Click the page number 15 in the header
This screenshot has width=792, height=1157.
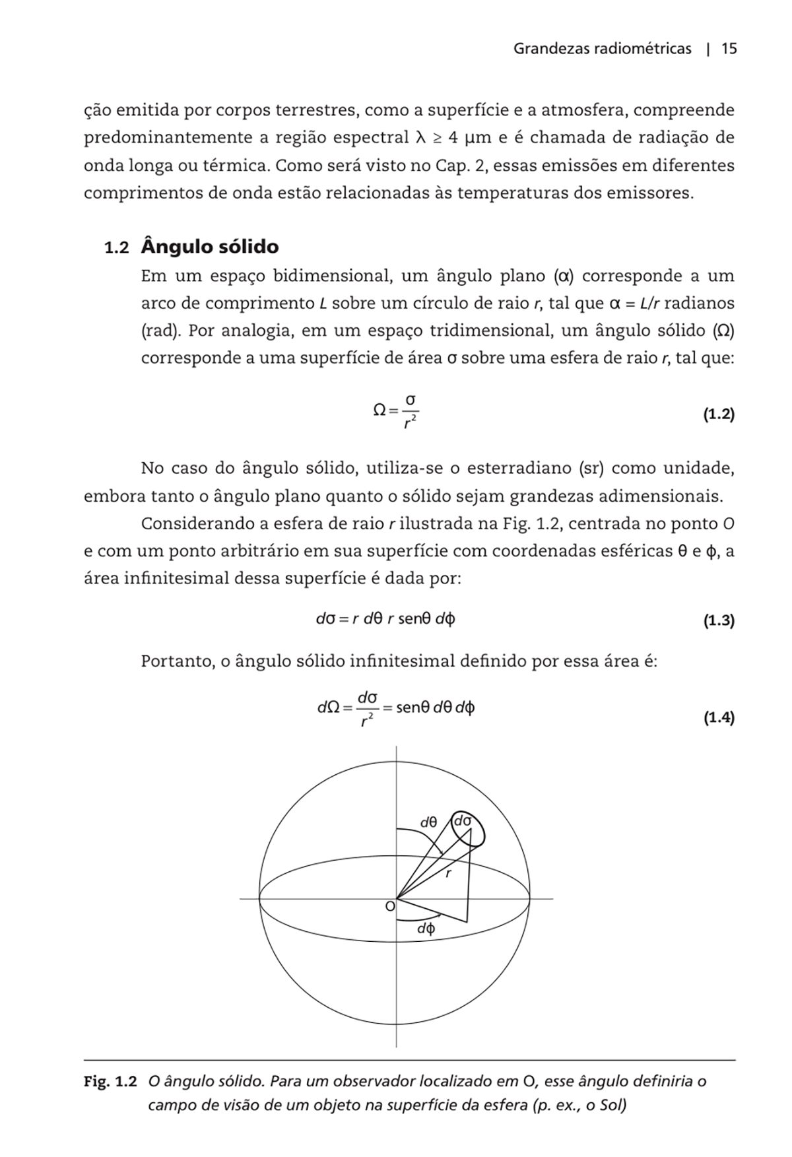point(729,49)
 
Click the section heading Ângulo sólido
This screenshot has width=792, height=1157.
point(210,248)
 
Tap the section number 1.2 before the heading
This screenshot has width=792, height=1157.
point(116,249)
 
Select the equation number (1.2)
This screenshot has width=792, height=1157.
point(717,415)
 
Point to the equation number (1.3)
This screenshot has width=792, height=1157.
point(717,620)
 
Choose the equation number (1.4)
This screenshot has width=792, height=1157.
point(717,717)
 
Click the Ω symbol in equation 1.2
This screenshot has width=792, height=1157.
point(379,410)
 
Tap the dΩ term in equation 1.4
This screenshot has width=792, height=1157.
point(328,708)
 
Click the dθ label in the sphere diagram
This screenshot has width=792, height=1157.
point(429,822)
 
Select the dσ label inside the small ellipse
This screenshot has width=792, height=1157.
point(463,822)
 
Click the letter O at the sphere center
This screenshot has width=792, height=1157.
point(390,907)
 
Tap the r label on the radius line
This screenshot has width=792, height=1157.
point(448,874)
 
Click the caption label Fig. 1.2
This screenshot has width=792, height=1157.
point(110,1081)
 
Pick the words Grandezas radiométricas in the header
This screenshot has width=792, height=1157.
point(602,49)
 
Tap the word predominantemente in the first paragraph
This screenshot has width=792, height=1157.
point(168,138)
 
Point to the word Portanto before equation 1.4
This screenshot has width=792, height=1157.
point(176,661)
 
